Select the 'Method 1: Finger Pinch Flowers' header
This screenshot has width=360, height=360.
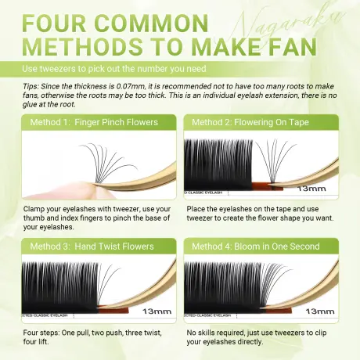click(x=93, y=123)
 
